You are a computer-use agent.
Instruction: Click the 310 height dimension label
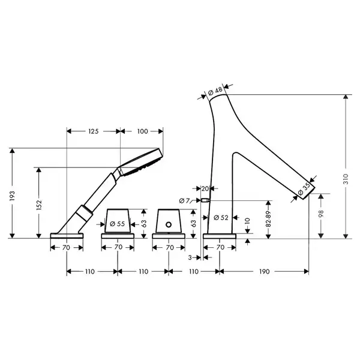346,179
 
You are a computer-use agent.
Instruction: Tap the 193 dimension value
12,196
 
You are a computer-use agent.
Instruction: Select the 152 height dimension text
39,205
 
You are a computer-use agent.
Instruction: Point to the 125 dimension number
94,131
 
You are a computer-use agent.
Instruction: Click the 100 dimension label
143,131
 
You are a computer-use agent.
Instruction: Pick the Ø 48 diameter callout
215,91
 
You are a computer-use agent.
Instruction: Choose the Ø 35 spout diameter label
304,189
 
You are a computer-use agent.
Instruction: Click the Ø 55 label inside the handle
118,224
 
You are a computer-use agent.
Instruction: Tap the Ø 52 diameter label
221,218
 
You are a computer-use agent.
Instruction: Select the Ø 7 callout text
184,201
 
